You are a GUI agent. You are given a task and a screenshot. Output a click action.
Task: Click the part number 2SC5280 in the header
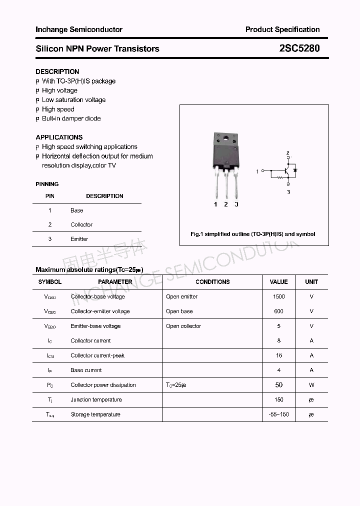(x=299, y=48)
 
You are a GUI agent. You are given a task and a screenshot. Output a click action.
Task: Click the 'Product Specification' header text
(x=282, y=29)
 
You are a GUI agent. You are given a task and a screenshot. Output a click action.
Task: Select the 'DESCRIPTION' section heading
(x=57, y=71)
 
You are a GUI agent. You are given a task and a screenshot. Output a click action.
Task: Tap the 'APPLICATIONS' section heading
(x=59, y=137)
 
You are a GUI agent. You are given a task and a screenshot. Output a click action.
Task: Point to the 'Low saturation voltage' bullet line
(x=73, y=100)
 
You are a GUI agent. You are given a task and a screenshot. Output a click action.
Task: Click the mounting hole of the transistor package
(x=225, y=138)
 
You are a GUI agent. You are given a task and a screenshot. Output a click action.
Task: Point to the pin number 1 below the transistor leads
(x=215, y=204)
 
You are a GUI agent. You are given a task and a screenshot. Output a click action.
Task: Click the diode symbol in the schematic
(x=295, y=170)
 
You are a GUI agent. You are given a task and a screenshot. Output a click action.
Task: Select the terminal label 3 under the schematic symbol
(x=288, y=191)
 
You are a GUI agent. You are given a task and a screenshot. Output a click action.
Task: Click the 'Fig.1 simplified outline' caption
(x=253, y=234)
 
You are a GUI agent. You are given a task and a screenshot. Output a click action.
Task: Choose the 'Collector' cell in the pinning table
(x=81, y=225)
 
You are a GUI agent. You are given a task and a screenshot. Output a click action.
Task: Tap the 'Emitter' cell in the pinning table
(x=79, y=239)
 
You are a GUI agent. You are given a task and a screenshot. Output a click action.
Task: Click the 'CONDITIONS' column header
(x=212, y=282)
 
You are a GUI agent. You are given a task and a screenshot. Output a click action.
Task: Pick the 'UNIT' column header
(x=311, y=282)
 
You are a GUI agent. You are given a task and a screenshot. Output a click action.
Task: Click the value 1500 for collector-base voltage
(x=278, y=296)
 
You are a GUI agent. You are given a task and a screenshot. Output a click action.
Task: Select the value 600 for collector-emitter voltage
(x=278, y=311)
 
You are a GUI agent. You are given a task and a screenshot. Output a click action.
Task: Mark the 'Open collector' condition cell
(x=183, y=326)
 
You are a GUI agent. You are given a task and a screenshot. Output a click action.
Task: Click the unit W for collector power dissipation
(x=311, y=385)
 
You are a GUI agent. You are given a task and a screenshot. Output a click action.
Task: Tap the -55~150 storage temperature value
(x=278, y=414)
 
